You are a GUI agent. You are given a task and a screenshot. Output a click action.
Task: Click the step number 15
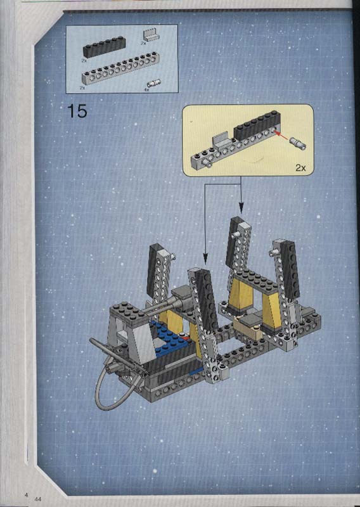click(77, 111)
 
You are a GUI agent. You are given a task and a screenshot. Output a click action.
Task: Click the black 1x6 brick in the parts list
click(104, 47)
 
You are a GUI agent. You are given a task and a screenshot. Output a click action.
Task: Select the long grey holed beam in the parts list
click(120, 68)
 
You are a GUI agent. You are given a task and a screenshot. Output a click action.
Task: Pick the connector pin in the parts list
click(154, 83)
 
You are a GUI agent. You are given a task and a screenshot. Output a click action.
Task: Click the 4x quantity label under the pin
click(146, 90)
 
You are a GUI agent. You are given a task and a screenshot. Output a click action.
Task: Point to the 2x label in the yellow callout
click(300, 167)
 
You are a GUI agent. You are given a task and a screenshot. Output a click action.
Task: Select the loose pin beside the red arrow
click(298, 143)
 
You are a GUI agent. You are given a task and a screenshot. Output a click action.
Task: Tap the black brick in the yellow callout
click(257, 125)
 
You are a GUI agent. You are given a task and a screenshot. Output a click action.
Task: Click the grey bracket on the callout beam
click(221, 138)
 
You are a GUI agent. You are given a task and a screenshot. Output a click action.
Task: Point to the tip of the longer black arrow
click(205, 266)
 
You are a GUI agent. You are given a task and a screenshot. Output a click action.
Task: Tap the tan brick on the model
click(249, 329)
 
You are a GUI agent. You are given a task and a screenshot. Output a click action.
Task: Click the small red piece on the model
click(186, 338)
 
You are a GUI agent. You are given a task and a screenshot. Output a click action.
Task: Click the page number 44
click(37, 499)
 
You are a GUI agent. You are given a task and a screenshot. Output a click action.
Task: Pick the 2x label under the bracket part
click(143, 43)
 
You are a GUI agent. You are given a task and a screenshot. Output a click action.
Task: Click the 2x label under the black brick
click(84, 60)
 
